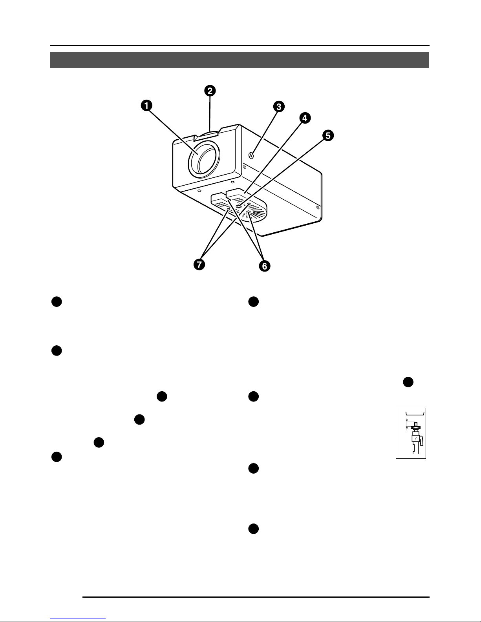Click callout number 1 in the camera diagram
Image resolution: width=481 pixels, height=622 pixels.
click(x=146, y=105)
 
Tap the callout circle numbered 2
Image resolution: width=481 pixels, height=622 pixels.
click(x=210, y=91)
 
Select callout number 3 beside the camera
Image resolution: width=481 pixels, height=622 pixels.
click(x=278, y=106)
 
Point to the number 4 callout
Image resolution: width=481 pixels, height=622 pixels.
click(x=305, y=118)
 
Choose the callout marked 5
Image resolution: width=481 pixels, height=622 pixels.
click(x=328, y=135)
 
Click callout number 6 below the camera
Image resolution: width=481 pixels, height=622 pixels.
click(x=265, y=266)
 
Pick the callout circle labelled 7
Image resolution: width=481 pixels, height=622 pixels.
click(x=199, y=264)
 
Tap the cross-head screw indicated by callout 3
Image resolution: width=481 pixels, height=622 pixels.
click(x=251, y=155)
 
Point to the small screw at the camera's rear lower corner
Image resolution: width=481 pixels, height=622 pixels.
click(x=317, y=207)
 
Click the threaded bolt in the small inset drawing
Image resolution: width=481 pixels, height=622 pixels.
click(x=416, y=424)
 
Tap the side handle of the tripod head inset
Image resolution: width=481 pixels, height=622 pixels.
click(x=421, y=441)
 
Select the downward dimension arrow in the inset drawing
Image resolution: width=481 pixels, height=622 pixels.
click(x=407, y=420)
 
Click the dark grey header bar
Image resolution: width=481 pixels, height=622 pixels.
click(x=240, y=60)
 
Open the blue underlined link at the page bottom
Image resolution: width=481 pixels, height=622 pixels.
click(x=78, y=618)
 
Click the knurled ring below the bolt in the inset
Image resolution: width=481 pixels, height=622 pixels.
click(x=416, y=428)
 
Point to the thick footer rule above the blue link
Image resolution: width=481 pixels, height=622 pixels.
click(x=256, y=597)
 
